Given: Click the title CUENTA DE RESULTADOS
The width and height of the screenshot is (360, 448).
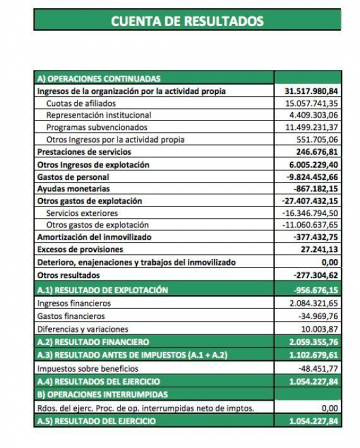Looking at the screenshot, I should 187,21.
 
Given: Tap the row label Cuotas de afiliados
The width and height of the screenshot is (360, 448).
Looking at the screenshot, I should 81,103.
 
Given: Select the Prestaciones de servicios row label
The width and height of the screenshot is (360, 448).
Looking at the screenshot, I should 84,152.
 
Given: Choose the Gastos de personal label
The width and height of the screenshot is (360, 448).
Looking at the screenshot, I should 73,176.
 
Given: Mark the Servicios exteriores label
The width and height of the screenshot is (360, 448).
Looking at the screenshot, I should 82,213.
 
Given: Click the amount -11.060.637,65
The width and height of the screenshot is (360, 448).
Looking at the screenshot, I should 309,225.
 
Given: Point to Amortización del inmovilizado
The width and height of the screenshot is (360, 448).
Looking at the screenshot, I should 94,237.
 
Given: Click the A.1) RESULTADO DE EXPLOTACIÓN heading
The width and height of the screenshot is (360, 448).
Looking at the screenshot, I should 102,290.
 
